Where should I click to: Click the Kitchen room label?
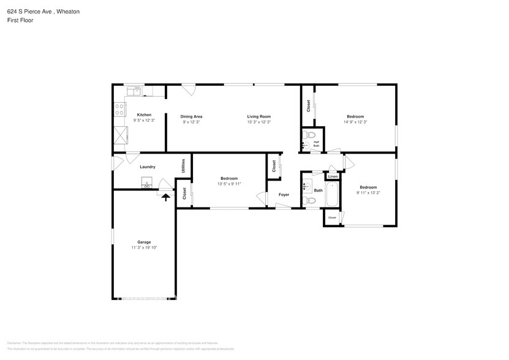point(144,114)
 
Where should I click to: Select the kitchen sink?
point(138,91)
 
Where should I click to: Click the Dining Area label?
point(191,116)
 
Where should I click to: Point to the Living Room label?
point(258,116)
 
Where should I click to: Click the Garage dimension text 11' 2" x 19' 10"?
point(144,247)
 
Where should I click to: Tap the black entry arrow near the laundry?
point(165,196)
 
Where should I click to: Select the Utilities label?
point(183,166)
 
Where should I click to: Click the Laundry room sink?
point(147,182)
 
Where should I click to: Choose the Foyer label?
point(284,195)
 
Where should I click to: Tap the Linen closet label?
point(332,176)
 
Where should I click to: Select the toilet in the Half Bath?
point(311,135)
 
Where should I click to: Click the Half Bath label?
point(316,144)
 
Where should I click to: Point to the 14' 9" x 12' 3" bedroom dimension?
point(355,122)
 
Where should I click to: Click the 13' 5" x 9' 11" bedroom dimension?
point(229,184)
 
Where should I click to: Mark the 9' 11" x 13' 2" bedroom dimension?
point(368,192)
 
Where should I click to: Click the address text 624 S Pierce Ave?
point(33,12)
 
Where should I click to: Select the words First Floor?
point(21,20)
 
